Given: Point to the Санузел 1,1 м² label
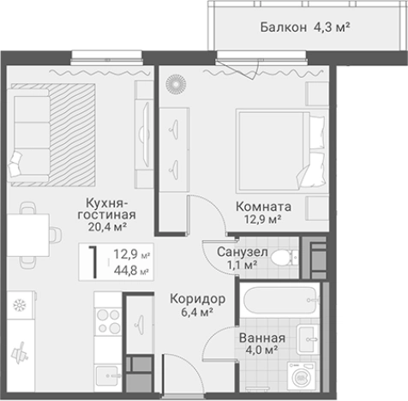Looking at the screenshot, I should tap(243, 259).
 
